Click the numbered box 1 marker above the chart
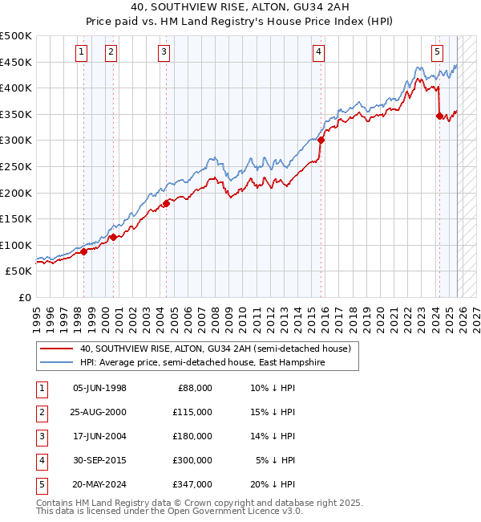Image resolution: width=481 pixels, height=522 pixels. coord(82,52)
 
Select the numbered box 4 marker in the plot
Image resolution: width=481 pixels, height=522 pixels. coord(319,52)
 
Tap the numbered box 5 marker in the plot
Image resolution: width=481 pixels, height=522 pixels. coord(437,52)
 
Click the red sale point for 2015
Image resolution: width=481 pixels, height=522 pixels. coord(321,140)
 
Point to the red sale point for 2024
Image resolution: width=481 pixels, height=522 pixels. coord(439,116)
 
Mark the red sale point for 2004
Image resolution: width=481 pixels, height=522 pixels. coord(166,203)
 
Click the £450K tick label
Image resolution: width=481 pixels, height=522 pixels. coord(16,62)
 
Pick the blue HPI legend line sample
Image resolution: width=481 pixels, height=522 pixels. coord(57,363)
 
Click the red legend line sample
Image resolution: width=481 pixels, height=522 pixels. coord(57,349)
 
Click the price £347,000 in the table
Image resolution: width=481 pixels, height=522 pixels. coord(192,483)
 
